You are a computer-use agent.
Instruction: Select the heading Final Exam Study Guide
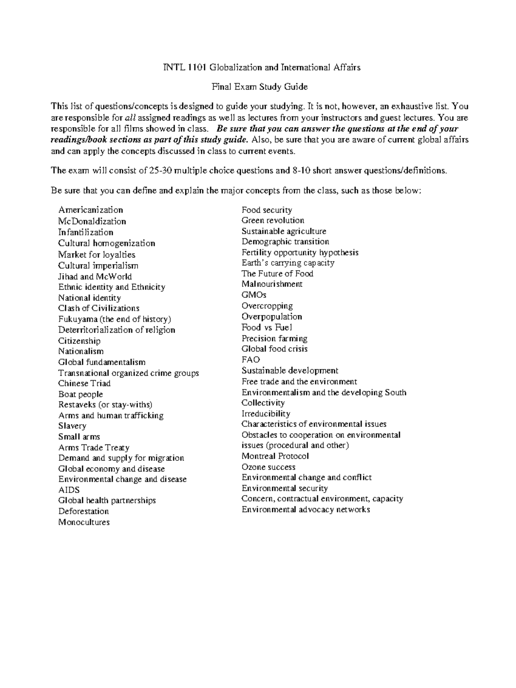259,87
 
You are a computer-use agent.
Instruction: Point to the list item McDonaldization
92,222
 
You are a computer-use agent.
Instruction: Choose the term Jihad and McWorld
95,277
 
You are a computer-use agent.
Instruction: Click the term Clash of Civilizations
98,308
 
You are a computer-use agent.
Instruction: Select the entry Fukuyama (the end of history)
114,319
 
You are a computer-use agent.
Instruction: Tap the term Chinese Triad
84,384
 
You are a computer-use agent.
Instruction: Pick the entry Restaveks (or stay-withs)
105,405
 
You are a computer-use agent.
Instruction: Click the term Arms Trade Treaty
94,448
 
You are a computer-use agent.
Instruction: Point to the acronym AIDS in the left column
69,490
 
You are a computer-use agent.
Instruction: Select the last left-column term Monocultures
84,522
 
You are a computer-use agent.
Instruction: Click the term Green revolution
273,220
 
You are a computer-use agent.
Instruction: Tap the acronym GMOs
254,295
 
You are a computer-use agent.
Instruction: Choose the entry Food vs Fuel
267,327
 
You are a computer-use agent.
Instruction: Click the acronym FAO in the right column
250,359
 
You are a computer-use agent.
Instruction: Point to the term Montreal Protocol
275,456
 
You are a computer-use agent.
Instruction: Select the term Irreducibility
265,414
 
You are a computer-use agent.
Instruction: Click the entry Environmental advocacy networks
305,510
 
